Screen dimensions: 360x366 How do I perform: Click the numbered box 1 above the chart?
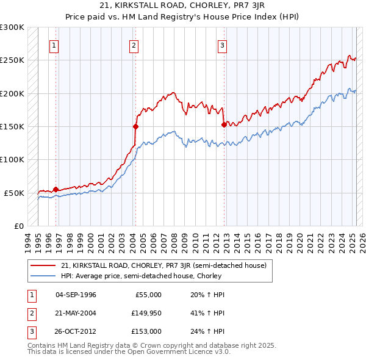click(54, 45)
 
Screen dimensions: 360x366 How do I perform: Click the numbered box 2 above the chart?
click(134, 45)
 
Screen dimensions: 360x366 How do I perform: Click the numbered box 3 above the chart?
click(223, 45)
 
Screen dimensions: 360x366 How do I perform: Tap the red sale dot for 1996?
click(56, 189)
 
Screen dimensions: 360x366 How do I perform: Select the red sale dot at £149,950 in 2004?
click(135, 126)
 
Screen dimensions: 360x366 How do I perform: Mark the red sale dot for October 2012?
click(224, 124)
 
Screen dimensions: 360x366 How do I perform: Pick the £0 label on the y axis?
click(18, 226)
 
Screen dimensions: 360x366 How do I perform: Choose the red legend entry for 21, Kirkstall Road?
click(163, 266)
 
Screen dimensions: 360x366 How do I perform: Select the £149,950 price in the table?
click(146, 313)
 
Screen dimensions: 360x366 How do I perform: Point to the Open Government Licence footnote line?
click(129, 352)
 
